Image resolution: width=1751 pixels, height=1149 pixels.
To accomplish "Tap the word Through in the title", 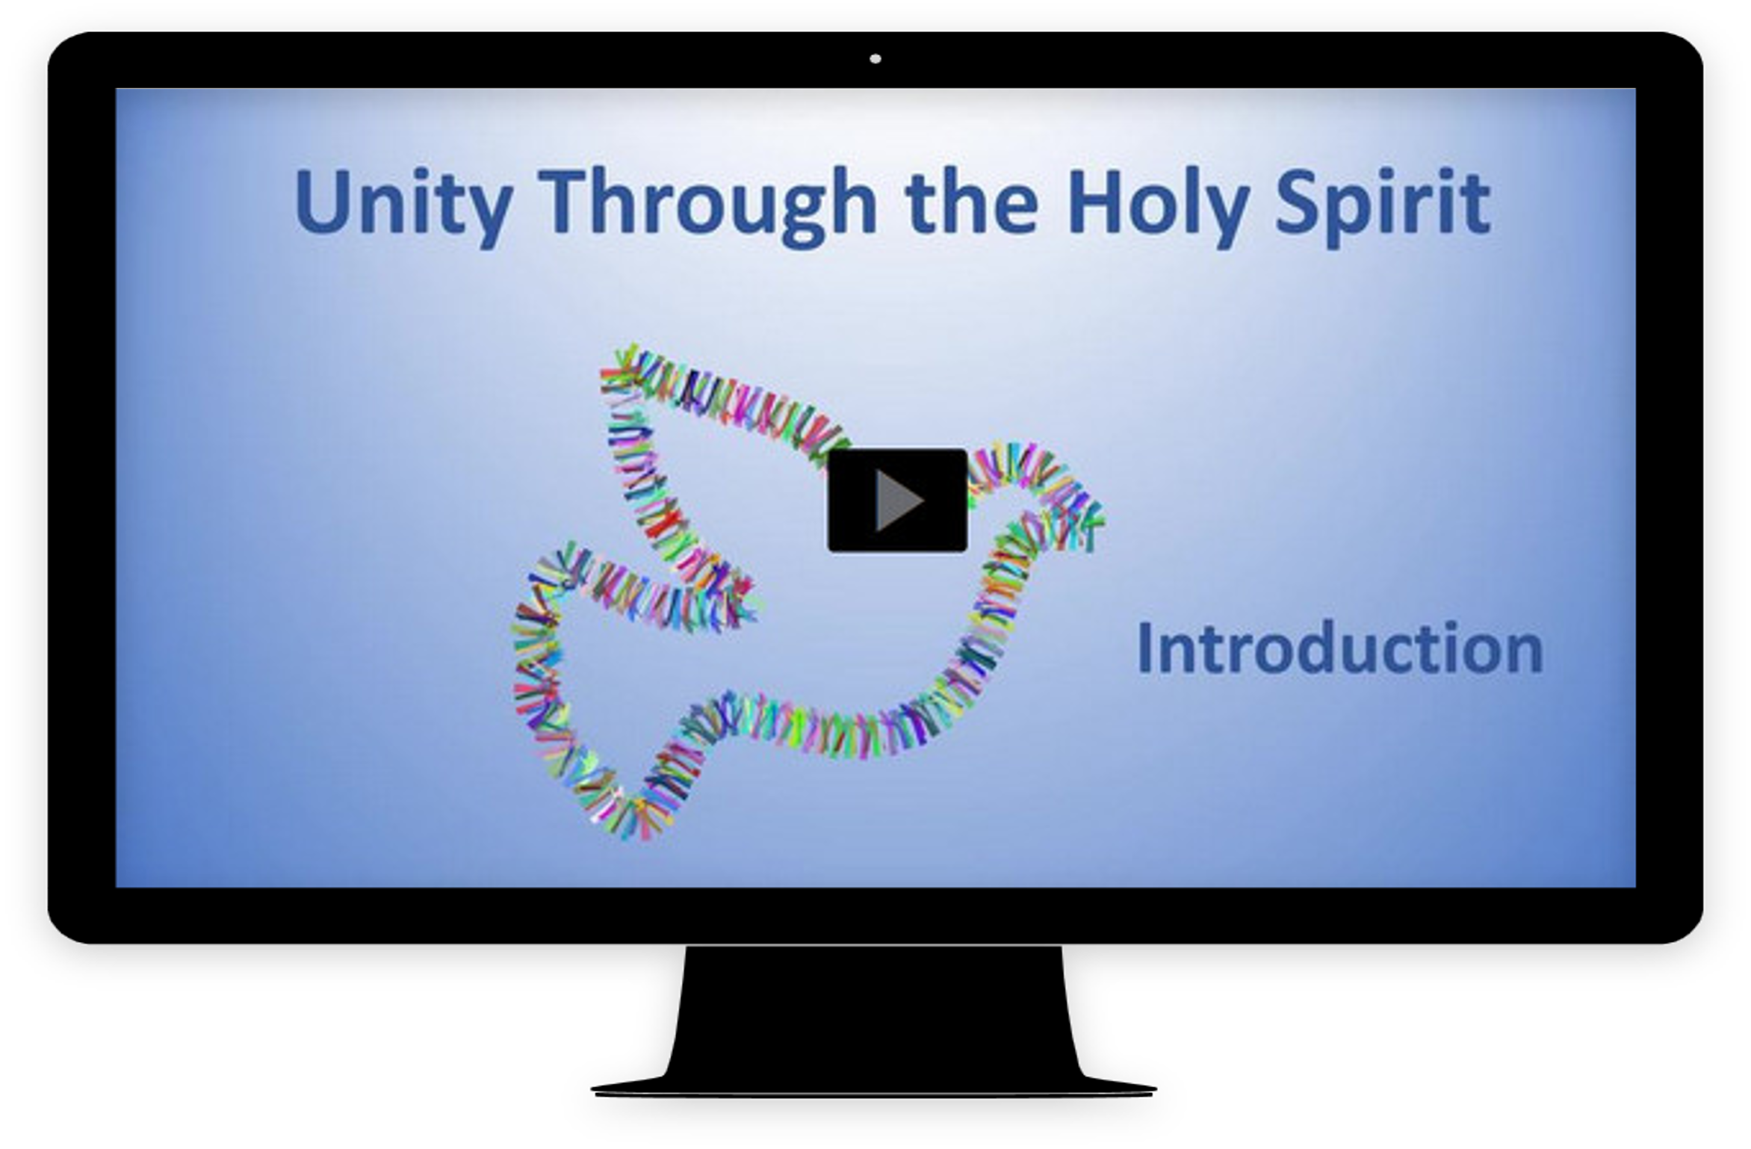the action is coord(707,205).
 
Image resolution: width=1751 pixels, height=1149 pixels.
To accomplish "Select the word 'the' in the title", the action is coord(971,200).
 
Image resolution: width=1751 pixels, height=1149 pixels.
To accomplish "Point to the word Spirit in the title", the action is coord(1383,205).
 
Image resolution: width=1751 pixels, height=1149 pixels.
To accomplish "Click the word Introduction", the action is coord(1340,648).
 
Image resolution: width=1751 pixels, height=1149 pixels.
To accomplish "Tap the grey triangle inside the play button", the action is coord(899,501).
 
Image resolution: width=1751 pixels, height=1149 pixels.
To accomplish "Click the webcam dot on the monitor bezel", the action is coord(875,59).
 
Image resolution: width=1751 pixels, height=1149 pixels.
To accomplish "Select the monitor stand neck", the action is coord(874,1009).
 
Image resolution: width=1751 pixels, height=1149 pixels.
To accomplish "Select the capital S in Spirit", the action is coord(1298,200).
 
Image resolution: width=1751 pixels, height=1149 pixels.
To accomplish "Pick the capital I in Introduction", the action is coord(1144,648).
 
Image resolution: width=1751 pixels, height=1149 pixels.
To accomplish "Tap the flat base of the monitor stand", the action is coord(874,1087).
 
